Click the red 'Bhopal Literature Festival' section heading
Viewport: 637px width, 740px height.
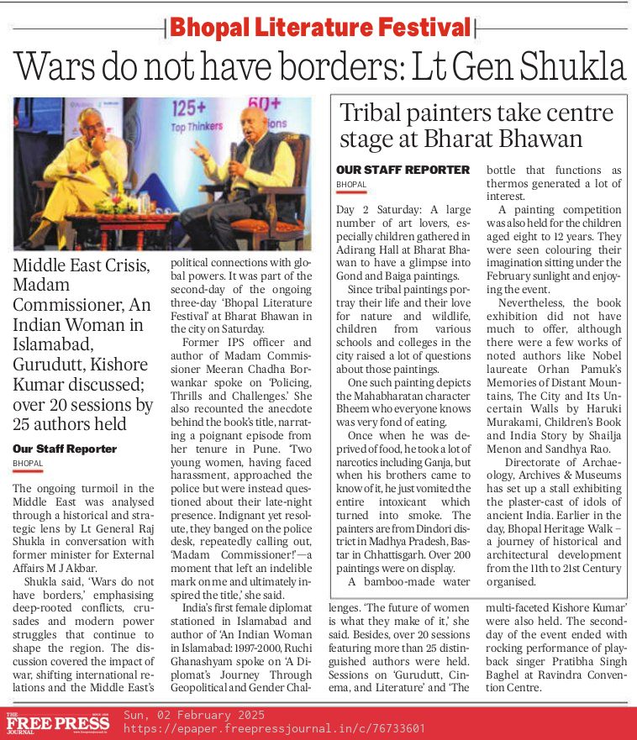pos(320,27)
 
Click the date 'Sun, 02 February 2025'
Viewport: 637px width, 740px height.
pos(193,715)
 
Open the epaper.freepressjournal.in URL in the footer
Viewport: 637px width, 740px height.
pos(273,728)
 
